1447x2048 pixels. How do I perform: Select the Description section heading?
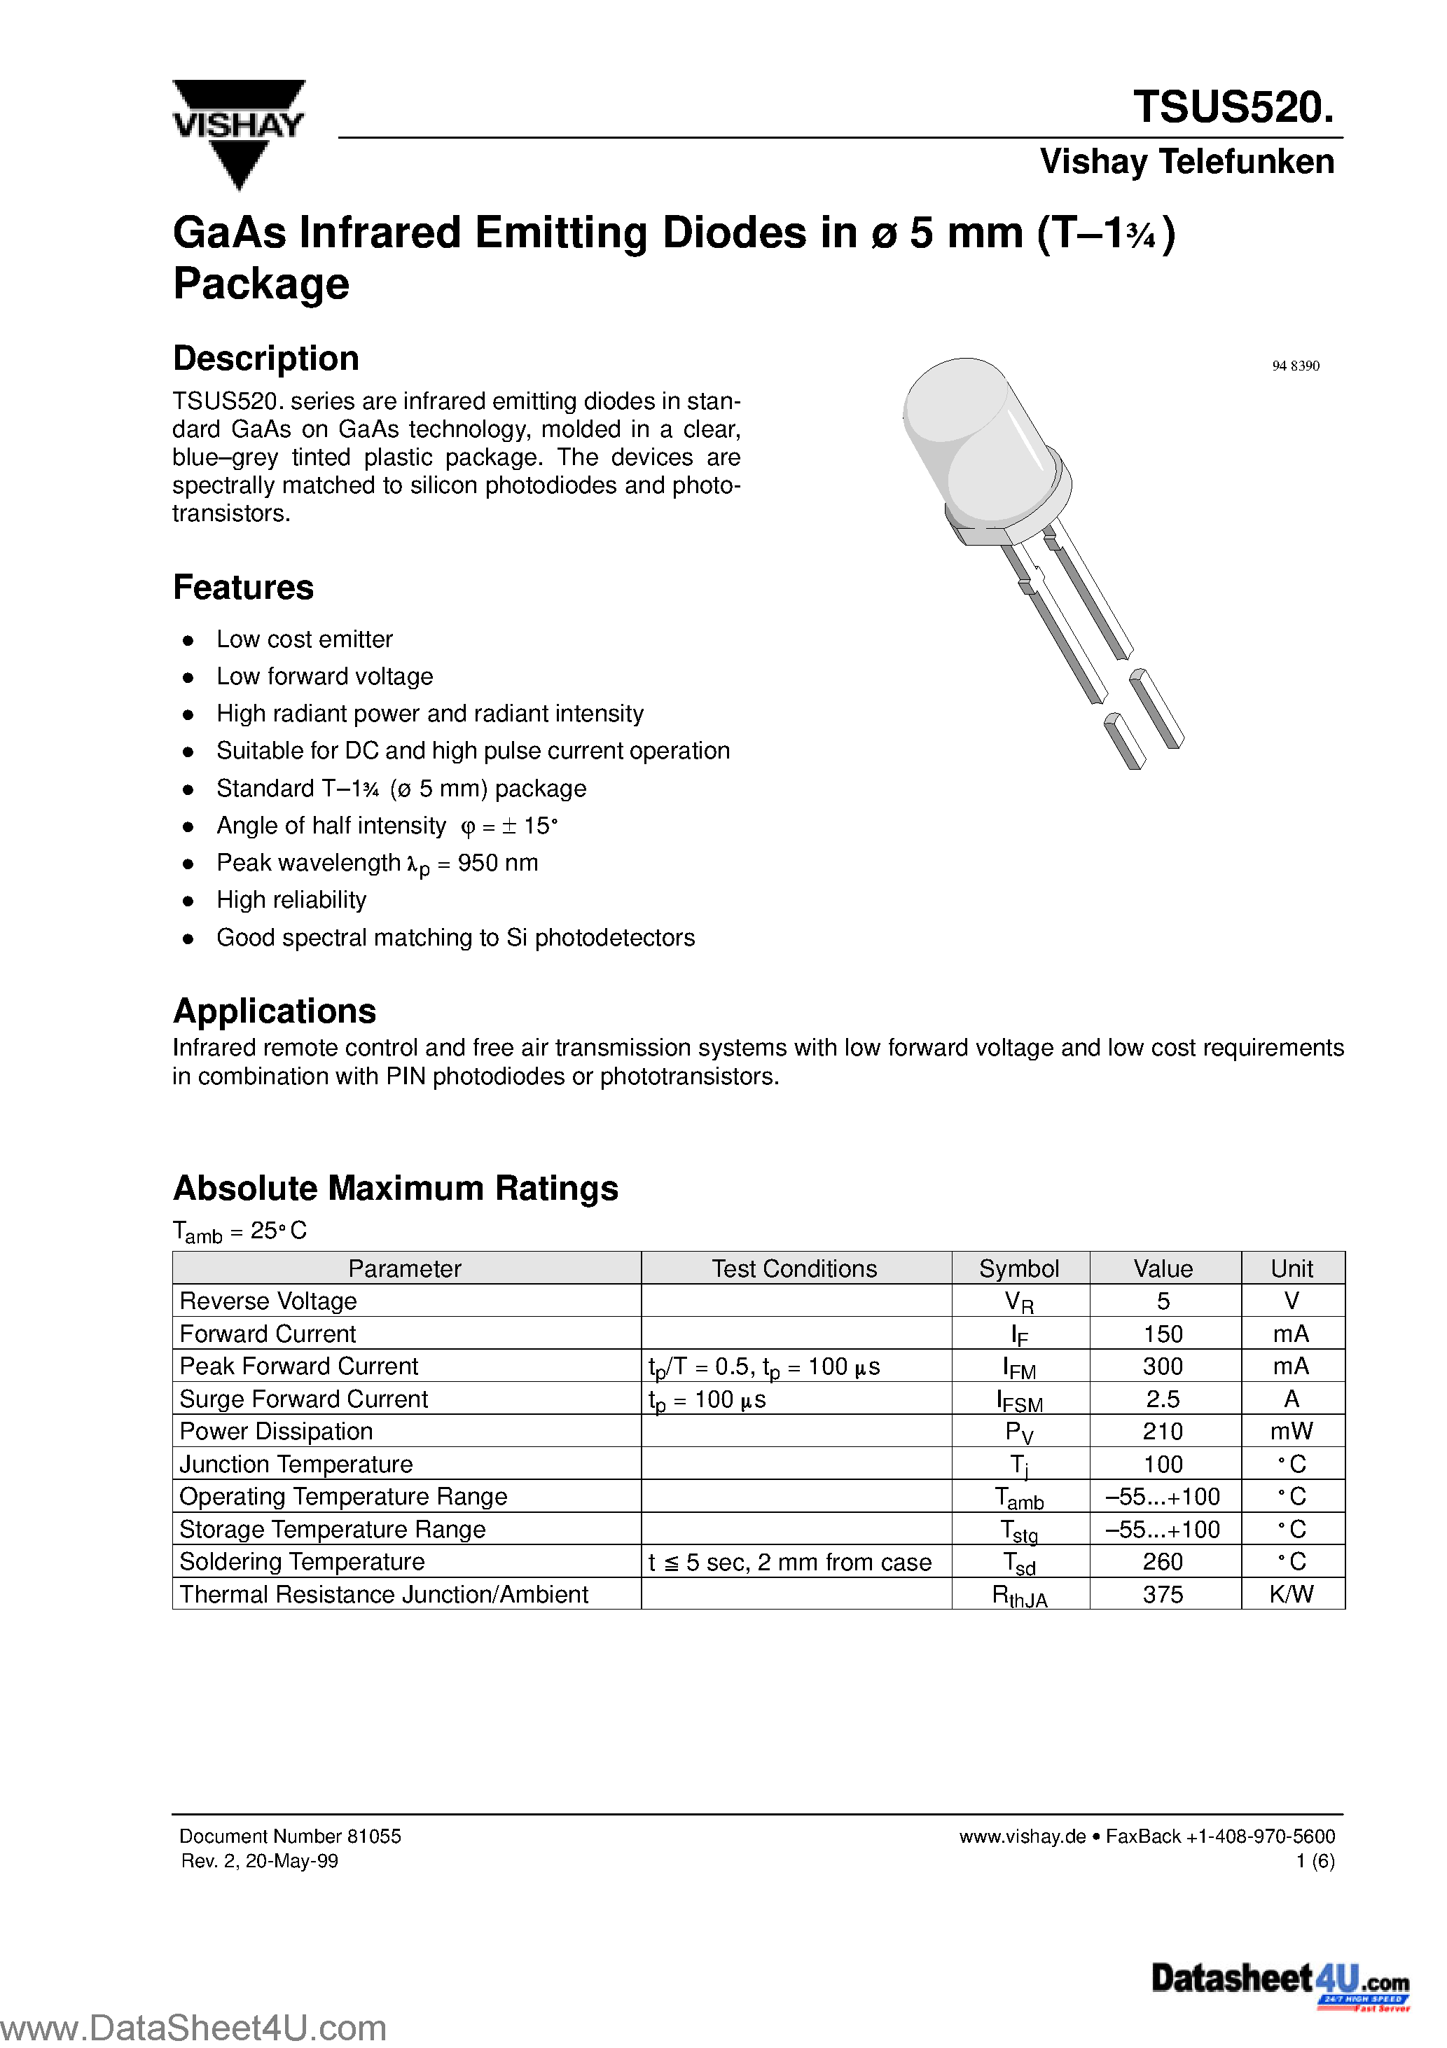[x=266, y=359]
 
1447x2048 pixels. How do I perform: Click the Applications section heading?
[x=274, y=1011]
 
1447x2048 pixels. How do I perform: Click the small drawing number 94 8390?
[x=1294, y=366]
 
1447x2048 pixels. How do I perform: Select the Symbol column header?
[x=1019, y=1268]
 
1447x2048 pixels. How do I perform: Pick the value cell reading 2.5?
[x=1163, y=1399]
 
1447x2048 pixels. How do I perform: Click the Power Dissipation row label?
[x=276, y=1432]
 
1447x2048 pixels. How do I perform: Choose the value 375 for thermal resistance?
[x=1163, y=1594]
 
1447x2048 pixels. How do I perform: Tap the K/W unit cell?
[x=1291, y=1594]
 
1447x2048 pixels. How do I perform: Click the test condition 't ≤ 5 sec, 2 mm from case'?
[x=789, y=1562]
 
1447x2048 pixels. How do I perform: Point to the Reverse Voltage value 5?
[x=1163, y=1301]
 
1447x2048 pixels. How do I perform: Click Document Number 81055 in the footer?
[x=290, y=1836]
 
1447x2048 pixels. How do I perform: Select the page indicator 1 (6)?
[x=1315, y=1861]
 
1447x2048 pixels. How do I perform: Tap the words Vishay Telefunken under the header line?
[x=1186, y=162]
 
